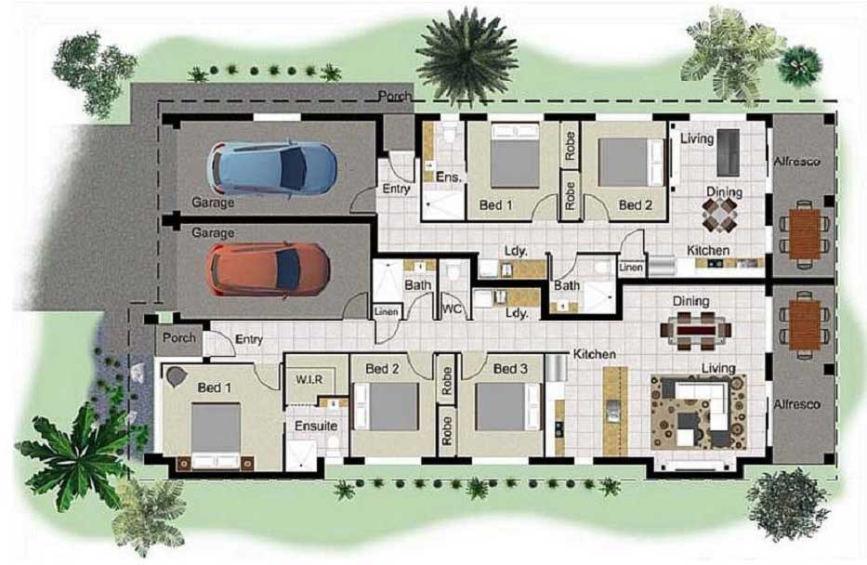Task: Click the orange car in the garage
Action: [268, 268]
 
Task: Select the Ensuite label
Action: [316, 426]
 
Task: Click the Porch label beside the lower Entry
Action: [178, 337]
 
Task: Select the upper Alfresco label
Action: [796, 161]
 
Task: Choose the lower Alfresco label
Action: [796, 405]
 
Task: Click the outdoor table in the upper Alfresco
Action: [804, 230]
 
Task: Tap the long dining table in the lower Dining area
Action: [695, 327]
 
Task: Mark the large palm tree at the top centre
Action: [466, 56]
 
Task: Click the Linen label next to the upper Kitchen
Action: [631, 268]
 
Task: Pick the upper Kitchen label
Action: [707, 250]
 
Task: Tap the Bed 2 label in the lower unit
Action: [382, 369]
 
